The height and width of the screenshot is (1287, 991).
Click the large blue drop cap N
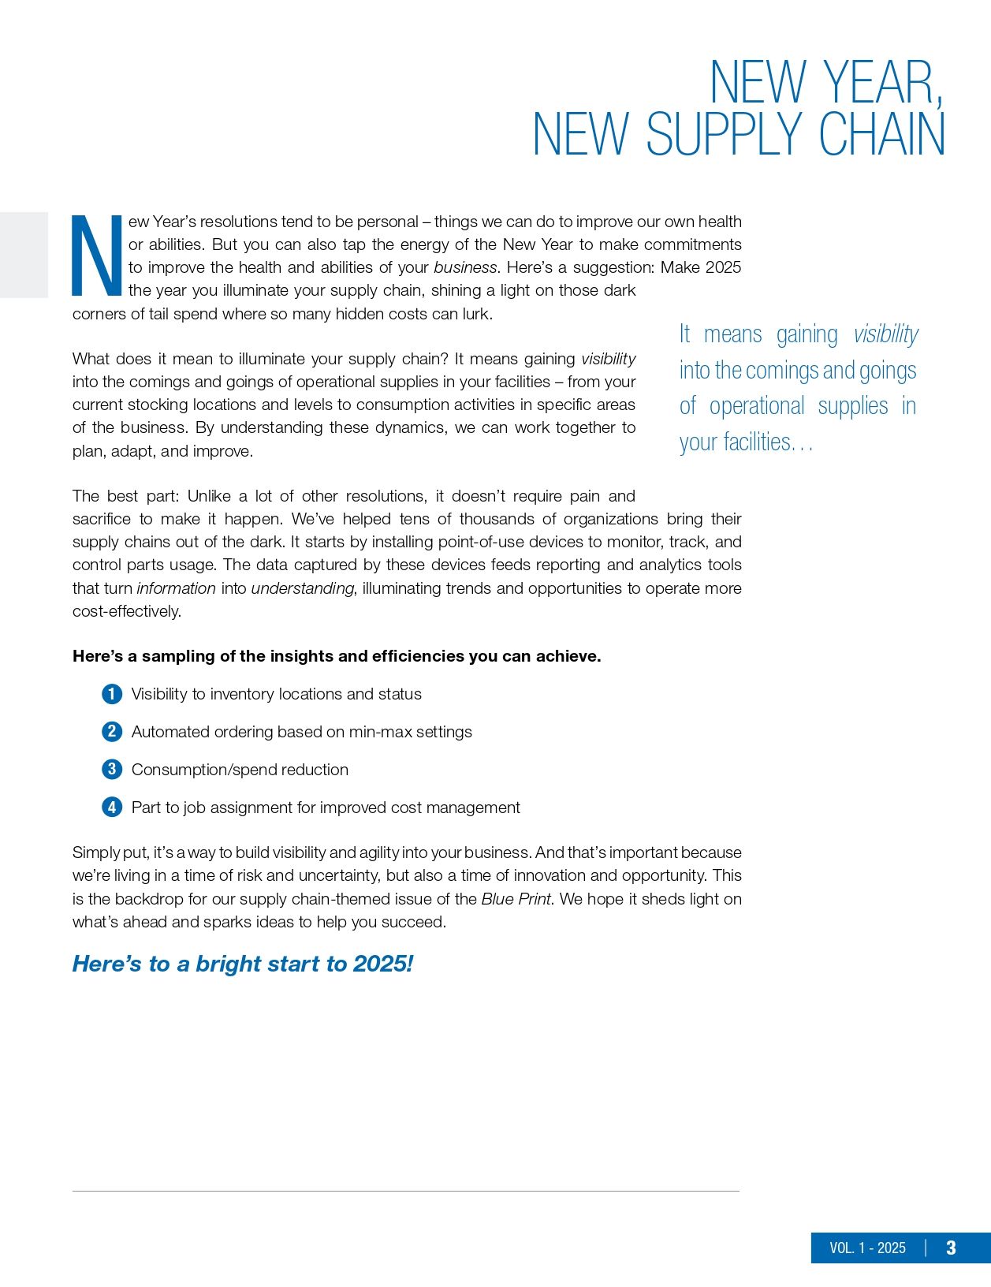(x=97, y=255)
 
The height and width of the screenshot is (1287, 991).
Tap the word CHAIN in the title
(x=881, y=135)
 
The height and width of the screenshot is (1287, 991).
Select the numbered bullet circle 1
(x=112, y=694)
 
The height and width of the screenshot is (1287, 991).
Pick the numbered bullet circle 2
(x=112, y=732)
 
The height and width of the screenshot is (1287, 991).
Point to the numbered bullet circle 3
(x=112, y=770)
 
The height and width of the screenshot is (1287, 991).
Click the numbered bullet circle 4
(x=112, y=808)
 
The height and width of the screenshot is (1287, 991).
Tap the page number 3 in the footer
(x=951, y=1248)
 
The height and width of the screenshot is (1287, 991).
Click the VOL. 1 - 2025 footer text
(x=867, y=1248)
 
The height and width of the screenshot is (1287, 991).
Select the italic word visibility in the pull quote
(x=885, y=334)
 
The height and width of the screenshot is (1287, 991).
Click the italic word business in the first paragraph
(x=465, y=267)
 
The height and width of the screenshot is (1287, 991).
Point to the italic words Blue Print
(x=516, y=899)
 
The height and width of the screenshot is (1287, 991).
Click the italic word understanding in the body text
(x=302, y=588)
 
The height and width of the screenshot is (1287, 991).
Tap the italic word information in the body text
(x=176, y=588)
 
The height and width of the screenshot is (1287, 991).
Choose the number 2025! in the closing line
(x=383, y=964)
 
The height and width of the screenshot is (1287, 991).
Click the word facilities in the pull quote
(x=756, y=442)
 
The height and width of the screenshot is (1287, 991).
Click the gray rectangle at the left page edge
(x=24, y=255)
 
